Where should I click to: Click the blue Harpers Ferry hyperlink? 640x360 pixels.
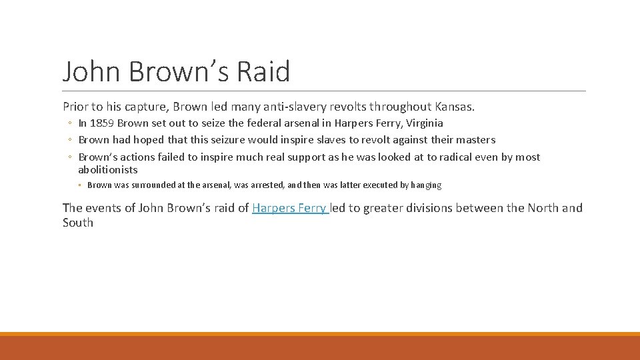(x=290, y=208)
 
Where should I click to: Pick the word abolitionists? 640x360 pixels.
(x=108, y=170)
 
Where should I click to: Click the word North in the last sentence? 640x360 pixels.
(x=543, y=208)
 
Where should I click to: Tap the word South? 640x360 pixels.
(x=78, y=223)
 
